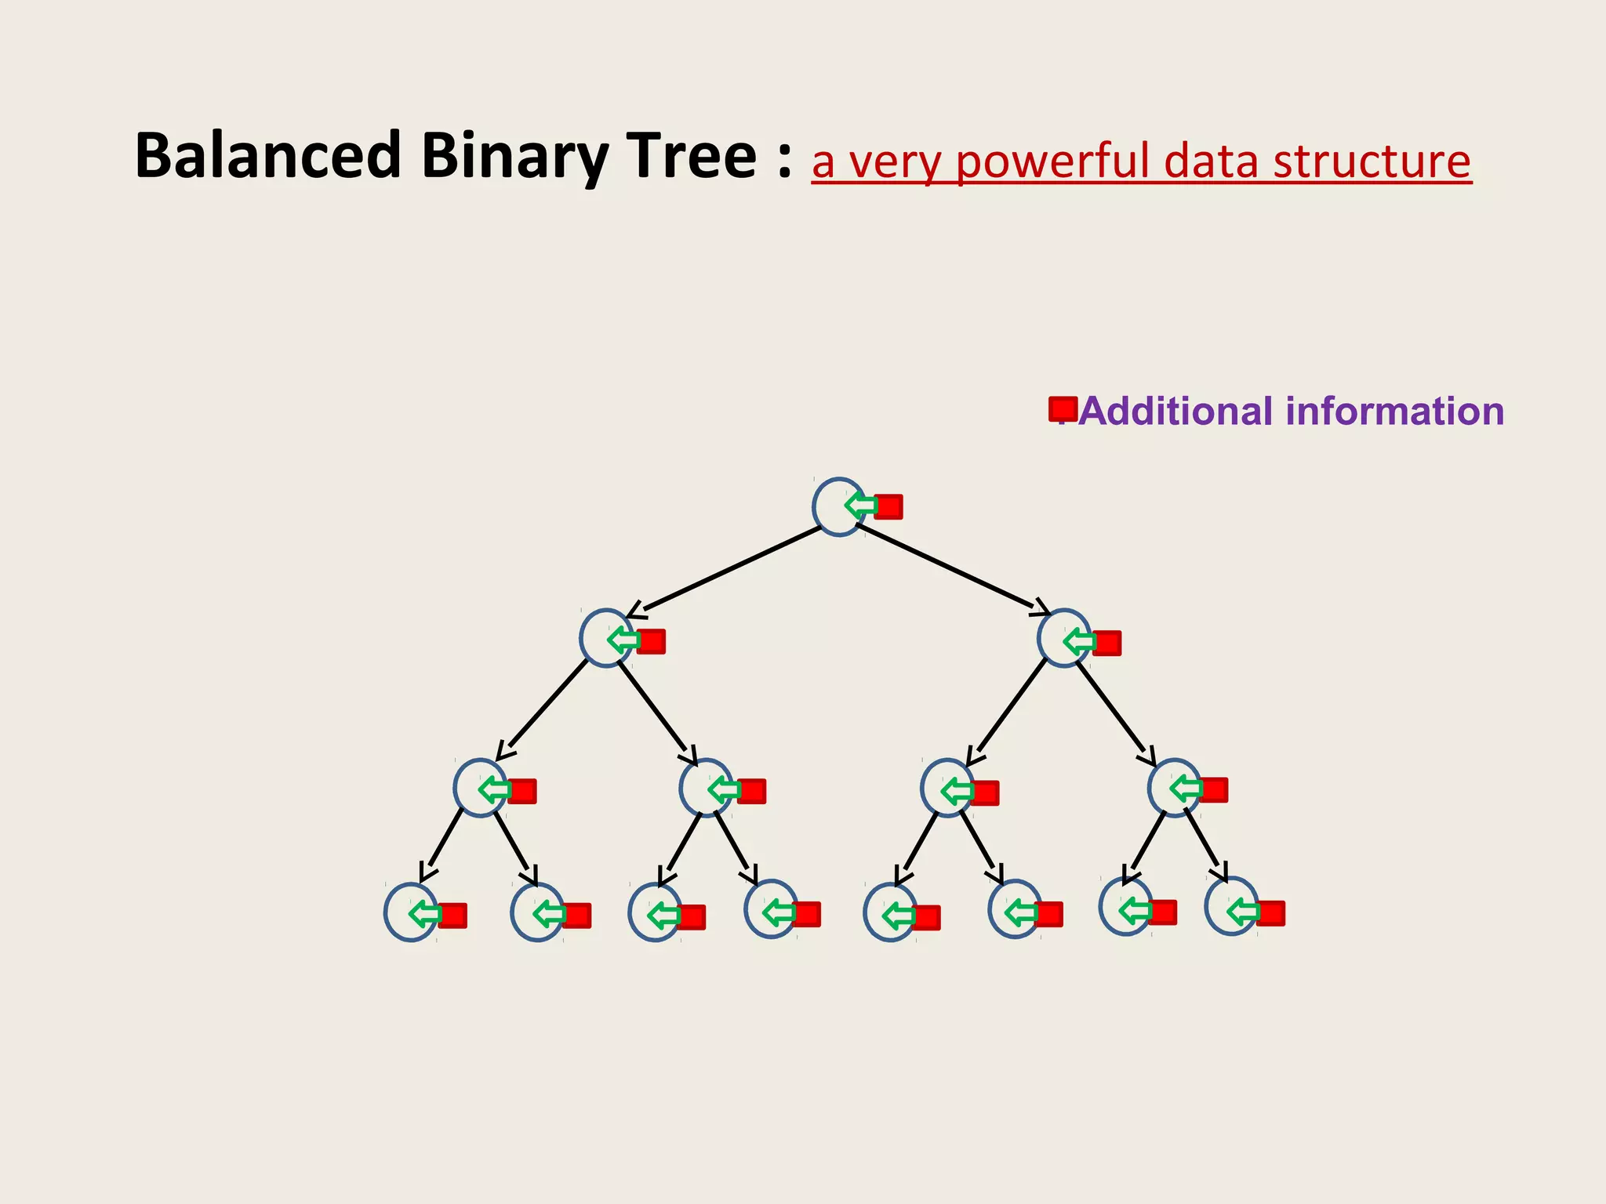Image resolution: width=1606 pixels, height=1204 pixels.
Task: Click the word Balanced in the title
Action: [267, 155]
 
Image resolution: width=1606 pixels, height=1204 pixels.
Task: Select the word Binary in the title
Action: [514, 157]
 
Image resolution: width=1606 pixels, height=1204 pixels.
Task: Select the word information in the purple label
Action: [1394, 411]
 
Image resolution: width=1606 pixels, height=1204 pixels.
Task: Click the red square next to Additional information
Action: [1063, 408]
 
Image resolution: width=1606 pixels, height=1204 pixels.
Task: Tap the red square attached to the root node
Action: [888, 506]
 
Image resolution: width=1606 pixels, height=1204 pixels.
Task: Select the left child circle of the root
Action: [602, 638]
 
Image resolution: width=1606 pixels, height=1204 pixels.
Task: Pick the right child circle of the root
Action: [1060, 638]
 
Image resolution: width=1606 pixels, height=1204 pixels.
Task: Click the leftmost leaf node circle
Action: [408, 912]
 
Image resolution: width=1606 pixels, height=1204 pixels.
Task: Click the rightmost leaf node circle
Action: [1229, 906]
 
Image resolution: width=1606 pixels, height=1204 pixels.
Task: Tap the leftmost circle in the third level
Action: [476, 788]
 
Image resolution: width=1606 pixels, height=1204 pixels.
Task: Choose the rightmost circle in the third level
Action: [1171, 788]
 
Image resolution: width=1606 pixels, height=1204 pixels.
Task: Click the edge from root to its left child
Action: [729, 568]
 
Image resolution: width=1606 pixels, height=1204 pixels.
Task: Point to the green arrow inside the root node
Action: [860, 506]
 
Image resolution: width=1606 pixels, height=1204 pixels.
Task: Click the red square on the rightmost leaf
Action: [1270, 913]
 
